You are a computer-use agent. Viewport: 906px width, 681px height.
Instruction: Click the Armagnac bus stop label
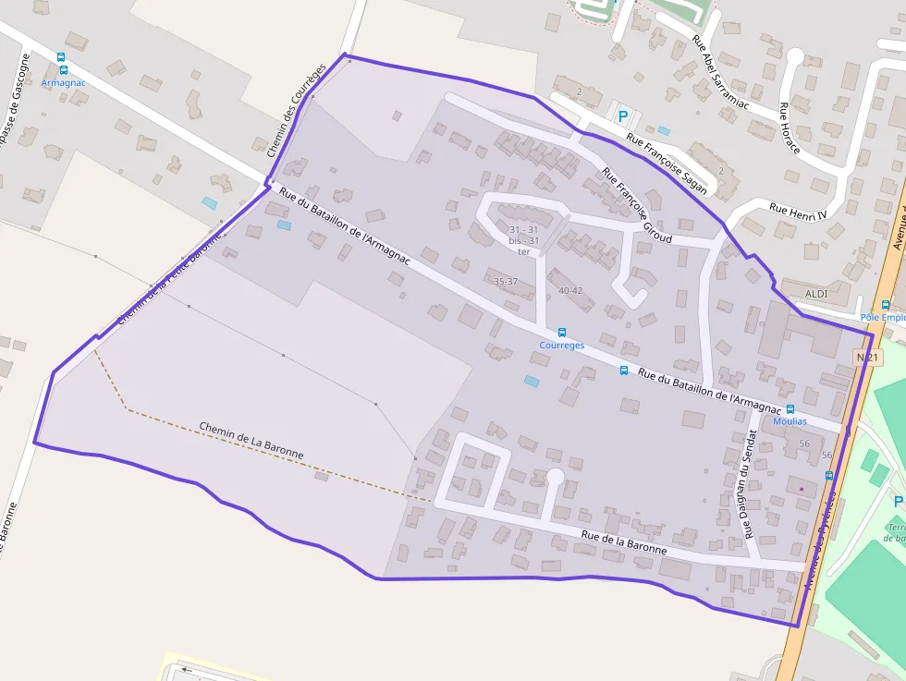coord(63,82)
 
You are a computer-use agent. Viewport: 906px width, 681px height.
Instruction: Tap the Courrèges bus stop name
coord(562,346)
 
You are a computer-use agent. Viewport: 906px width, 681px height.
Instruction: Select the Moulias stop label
coord(790,421)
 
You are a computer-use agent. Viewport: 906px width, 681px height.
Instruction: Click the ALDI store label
coord(816,294)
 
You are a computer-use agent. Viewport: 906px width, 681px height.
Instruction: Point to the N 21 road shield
coord(865,357)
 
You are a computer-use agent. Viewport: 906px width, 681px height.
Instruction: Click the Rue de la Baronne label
coord(624,541)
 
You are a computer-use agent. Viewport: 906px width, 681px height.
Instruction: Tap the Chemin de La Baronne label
coord(251,441)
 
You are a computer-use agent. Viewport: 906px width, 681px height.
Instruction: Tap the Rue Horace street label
coord(789,128)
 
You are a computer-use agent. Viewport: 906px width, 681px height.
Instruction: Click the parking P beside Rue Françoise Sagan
coord(623,116)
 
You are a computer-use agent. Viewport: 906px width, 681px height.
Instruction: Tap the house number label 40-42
coord(570,290)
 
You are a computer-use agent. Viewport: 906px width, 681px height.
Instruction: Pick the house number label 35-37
coord(506,281)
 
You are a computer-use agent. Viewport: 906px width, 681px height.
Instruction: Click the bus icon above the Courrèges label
coord(561,333)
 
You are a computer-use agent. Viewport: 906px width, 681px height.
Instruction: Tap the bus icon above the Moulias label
coord(790,408)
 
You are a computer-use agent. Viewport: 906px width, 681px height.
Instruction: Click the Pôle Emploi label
coord(883,318)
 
